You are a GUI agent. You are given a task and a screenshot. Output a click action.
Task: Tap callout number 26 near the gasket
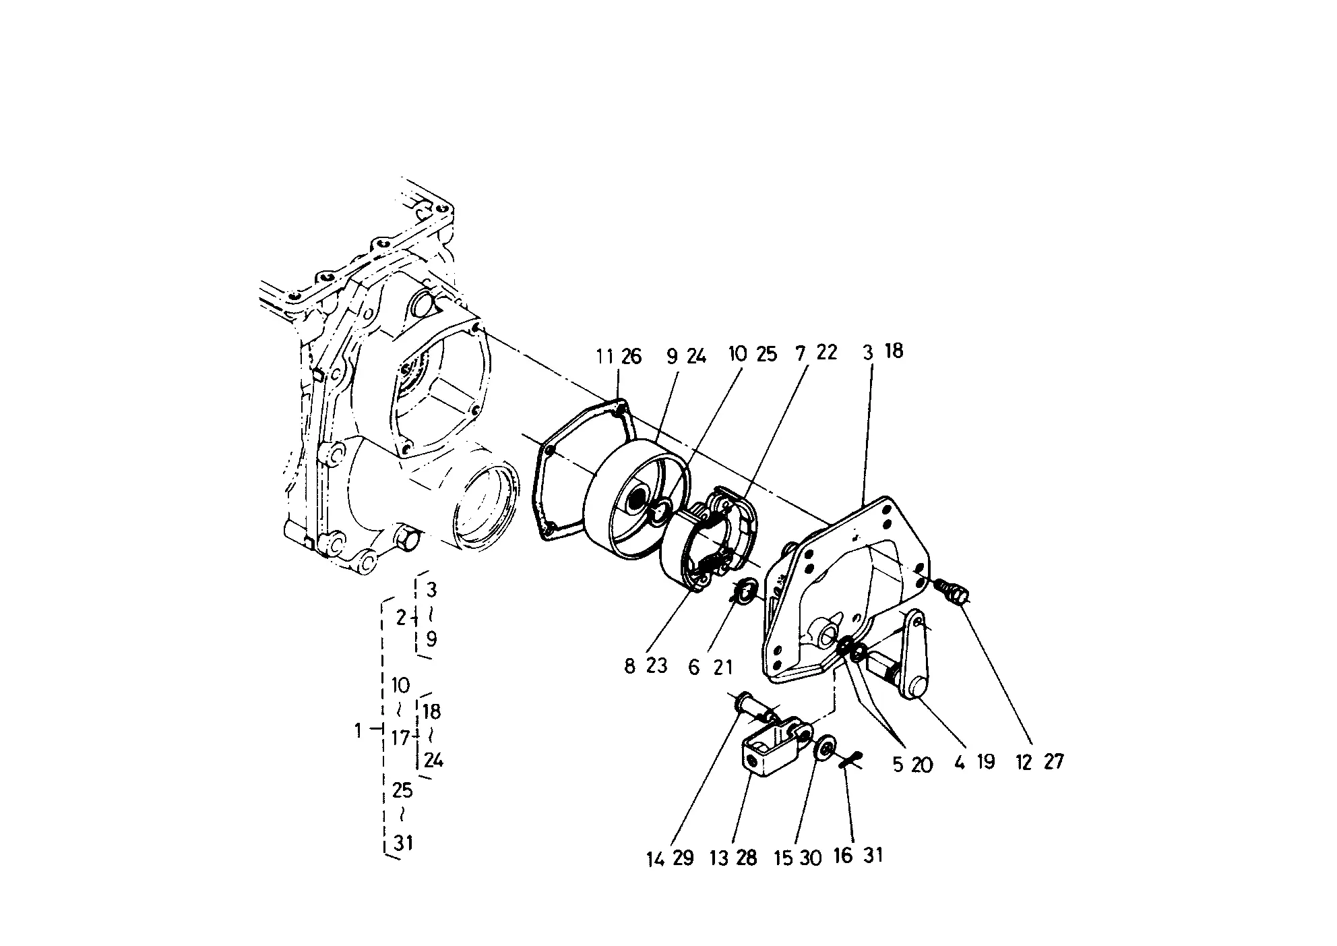click(x=631, y=356)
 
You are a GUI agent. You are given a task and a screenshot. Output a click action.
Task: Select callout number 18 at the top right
click(x=893, y=351)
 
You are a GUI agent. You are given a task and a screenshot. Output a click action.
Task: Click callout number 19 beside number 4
click(x=985, y=762)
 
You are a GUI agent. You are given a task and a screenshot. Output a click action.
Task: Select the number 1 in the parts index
click(x=358, y=730)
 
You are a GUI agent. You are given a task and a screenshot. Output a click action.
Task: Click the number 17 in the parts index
click(x=400, y=738)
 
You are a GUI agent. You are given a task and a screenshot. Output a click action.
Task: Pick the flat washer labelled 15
click(x=824, y=750)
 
